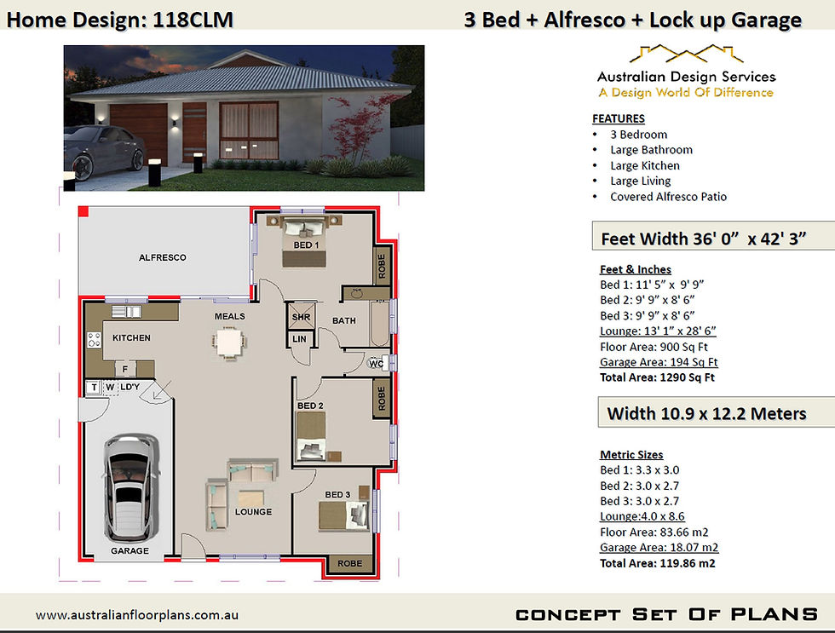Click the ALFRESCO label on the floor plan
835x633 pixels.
click(163, 257)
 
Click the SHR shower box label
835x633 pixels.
click(301, 317)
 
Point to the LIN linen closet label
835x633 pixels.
click(299, 339)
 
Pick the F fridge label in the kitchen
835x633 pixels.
click(125, 369)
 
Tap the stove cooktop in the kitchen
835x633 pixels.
click(95, 340)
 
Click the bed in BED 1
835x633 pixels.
click(303, 240)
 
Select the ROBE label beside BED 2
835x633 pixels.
click(382, 398)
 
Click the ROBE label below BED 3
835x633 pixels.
click(350, 563)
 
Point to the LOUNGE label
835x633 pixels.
click(254, 512)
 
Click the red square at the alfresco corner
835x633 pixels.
click(83, 211)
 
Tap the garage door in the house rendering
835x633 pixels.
click(138, 134)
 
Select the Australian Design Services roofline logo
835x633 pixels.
click(686, 54)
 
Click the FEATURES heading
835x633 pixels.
click(619, 118)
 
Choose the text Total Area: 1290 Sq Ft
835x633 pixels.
click(657, 377)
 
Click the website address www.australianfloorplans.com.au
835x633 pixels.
click(137, 615)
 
